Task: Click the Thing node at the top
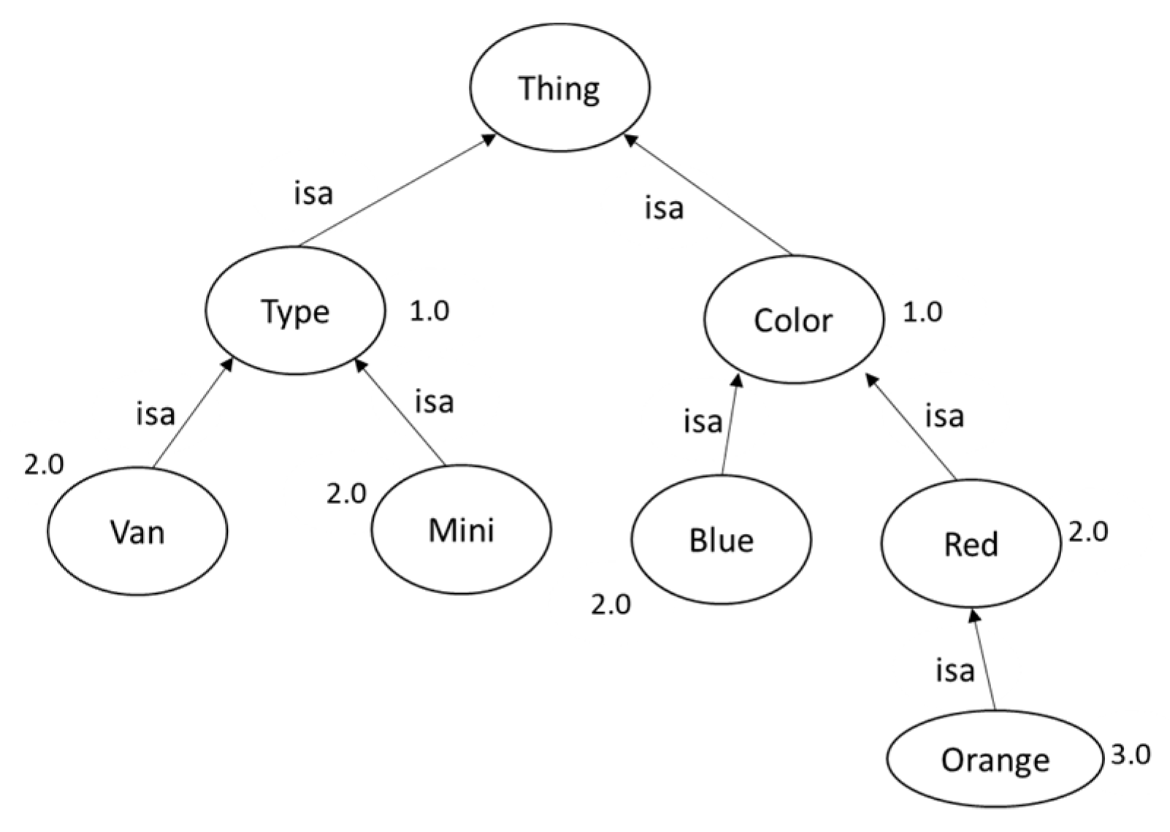(559, 88)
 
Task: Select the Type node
(295, 312)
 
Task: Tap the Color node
(793, 320)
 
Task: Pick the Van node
(137, 532)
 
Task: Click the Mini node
(461, 530)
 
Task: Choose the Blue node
(721, 540)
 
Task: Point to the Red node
(971, 544)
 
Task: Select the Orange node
(995, 760)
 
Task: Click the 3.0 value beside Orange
(1131, 755)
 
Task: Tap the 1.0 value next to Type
(429, 312)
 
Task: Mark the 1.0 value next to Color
(922, 313)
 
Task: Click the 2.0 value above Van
(44, 465)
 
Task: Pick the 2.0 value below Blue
(611, 605)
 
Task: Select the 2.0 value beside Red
(1088, 532)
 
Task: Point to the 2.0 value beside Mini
(346, 494)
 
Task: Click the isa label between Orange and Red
(955, 671)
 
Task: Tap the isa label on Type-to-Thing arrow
(313, 194)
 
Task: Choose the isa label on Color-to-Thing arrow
(664, 208)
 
